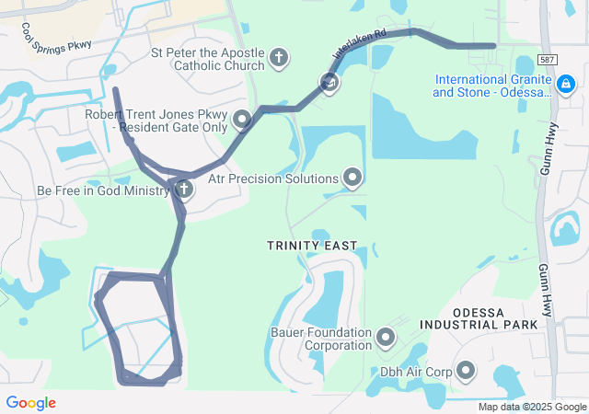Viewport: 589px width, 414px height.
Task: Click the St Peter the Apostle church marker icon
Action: point(279,60)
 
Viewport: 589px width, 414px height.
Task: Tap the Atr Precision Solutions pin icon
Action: point(352,177)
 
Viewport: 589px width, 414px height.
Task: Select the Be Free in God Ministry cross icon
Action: point(184,190)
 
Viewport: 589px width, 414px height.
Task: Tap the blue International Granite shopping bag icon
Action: point(565,86)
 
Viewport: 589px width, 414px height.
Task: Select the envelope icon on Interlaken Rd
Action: point(329,84)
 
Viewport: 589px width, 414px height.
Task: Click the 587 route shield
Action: point(548,60)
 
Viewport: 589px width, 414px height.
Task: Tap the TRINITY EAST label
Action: point(311,246)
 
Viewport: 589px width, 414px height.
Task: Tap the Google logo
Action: point(30,403)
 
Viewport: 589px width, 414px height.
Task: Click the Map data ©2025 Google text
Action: point(532,407)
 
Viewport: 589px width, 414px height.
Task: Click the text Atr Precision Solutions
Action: point(273,178)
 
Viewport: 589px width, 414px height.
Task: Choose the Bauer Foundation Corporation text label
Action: point(320,339)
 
